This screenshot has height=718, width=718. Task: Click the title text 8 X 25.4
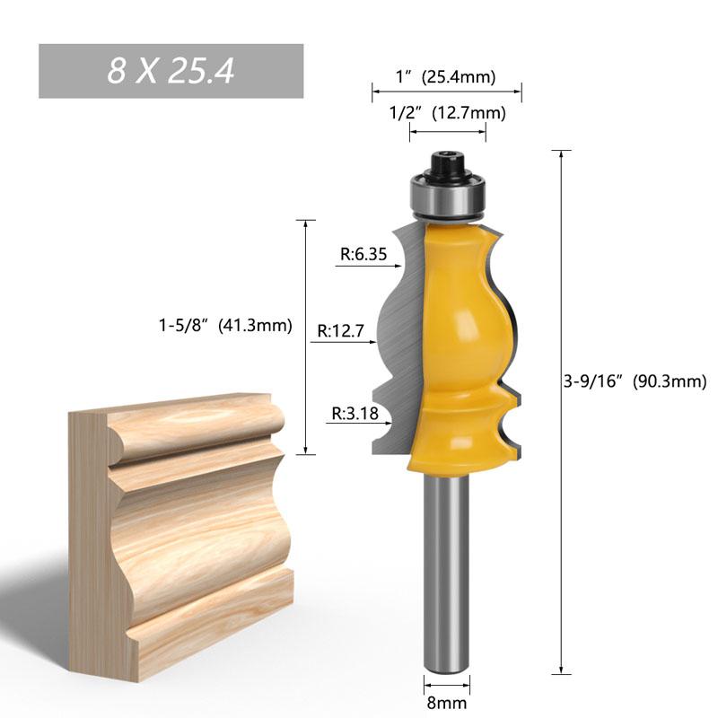[171, 71]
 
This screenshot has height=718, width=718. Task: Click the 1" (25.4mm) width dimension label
[446, 77]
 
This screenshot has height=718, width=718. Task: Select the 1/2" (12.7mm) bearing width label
[447, 113]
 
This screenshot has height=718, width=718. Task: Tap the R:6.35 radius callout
[363, 254]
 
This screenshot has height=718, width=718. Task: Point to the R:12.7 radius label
[340, 330]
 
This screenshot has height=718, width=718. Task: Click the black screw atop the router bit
[447, 165]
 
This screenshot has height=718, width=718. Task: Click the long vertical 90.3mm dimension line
[563, 413]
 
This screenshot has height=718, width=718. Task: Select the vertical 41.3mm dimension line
[306, 337]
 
